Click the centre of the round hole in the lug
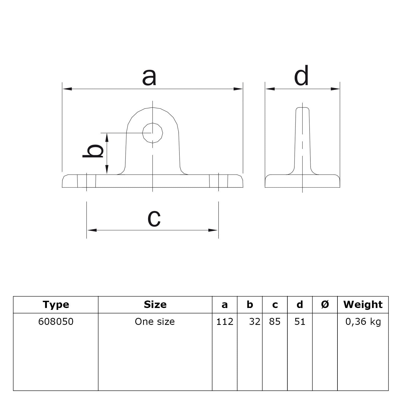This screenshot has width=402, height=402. pyautogui.click(x=153, y=133)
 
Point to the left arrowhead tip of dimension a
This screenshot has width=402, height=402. pyautogui.click(x=63, y=89)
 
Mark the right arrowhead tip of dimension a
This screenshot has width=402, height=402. pyautogui.click(x=242, y=89)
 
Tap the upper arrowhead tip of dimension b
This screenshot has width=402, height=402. pyautogui.click(x=107, y=133)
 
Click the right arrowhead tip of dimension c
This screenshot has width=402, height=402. pyautogui.click(x=218, y=230)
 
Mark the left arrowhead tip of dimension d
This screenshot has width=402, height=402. pyautogui.click(x=265, y=89)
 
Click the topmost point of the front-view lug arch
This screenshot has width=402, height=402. pyautogui.click(x=153, y=107)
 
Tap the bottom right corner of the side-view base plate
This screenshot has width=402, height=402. pyautogui.click(x=340, y=187)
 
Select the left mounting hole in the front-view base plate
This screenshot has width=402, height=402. pyautogui.click(x=87, y=181)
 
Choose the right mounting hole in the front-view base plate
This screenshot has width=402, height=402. pyautogui.click(x=219, y=181)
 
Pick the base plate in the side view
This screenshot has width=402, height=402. pyautogui.click(x=303, y=181)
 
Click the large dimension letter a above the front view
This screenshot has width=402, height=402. pyautogui.click(x=149, y=77)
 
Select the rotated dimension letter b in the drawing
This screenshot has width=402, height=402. pyautogui.click(x=93, y=151)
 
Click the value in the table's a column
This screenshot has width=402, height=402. pyautogui.click(x=225, y=321)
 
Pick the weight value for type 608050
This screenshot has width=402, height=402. pyautogui.click(x=363, y=322)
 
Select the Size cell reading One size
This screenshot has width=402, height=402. pyautogui.click(x=155, y=321)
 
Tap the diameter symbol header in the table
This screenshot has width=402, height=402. pyautogui.click(x=325, y=305)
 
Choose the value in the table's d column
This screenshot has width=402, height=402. pyautogui.click(x=300, y=321)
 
